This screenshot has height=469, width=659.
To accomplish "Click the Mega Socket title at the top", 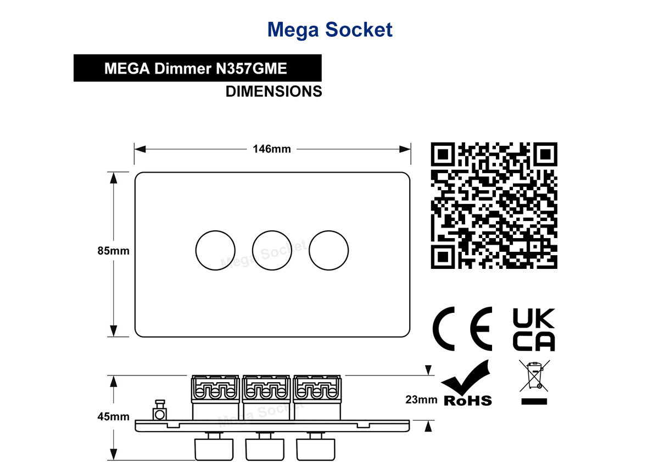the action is coord(329,30).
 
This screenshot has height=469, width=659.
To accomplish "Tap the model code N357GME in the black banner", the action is coord(252,68).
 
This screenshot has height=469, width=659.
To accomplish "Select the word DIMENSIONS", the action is coord(273,91).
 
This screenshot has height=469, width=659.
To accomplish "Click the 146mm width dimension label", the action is coord(272,149).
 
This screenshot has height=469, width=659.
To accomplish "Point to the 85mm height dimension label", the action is coord(113,251).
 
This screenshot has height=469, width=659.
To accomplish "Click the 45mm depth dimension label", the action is coord(113,417).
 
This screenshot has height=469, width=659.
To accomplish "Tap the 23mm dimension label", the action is coord(421,400).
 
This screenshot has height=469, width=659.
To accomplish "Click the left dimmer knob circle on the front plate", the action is coord(215,231).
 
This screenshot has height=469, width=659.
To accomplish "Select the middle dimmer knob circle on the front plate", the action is coord(272,231).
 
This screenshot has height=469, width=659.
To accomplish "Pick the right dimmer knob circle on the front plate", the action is coord(328,231).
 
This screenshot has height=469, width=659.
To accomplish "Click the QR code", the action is coord(494,205).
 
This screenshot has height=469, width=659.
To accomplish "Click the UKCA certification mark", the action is coord(534,330).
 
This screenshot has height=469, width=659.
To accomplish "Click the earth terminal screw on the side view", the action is coord(160,410).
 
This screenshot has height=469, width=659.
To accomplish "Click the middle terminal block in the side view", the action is coord(266,398).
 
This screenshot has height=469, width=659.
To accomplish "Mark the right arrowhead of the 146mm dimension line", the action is coord(405,149).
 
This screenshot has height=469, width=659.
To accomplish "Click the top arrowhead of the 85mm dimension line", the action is coord(114,178).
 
